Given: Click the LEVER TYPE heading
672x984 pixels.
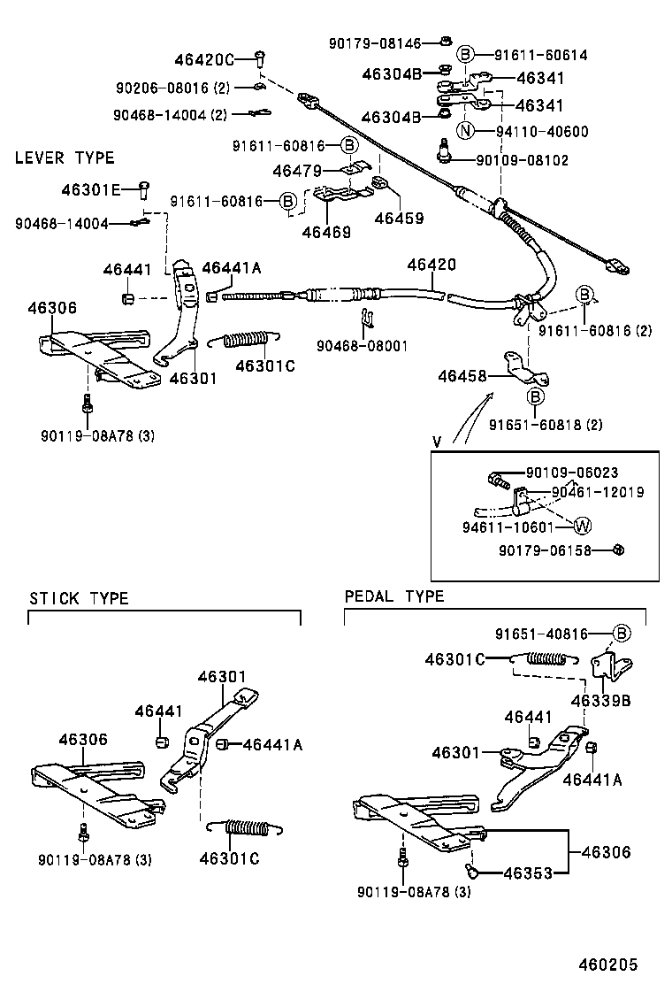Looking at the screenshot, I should (x=65, y=158).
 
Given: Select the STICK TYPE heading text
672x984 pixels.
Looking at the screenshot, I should (x=79, y=598).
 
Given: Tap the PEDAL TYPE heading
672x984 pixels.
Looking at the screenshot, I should (x=394, y=596).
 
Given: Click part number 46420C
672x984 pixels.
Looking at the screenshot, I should (x=203, y=59).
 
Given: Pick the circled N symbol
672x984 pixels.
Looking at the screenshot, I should (x=466, y=132).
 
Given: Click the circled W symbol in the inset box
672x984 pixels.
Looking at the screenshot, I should (x=583, y=527).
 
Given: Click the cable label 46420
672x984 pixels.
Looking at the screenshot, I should (x=431, y=265).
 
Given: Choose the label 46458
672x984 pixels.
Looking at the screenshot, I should (x=462, y=376).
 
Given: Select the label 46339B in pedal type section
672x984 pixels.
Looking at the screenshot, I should (x=600, y=700).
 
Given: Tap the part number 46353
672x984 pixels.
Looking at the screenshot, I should (x=528, y=873).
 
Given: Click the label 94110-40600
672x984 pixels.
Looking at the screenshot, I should (x=541, y=132).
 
